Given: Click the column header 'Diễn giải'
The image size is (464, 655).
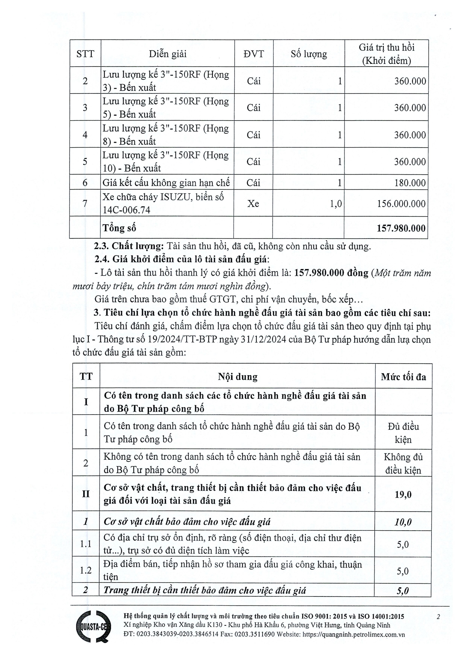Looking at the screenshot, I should pos(168,54).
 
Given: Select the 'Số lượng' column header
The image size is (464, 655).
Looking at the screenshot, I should pos(309,54).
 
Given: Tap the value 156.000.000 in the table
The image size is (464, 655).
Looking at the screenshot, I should pos(401,204).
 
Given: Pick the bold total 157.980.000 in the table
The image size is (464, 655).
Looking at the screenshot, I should pos(401,228).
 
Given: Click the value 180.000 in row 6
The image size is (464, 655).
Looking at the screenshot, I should pos(410,183).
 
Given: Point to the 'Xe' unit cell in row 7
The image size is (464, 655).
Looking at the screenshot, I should pos(253,204).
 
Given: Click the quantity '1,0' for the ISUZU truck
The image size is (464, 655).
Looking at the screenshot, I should pos(335,204).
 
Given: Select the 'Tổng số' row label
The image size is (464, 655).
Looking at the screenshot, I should pos(119,228).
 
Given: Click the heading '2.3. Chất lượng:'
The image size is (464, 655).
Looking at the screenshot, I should pos(129,246).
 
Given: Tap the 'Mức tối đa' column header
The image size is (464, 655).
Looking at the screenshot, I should pos(403,377).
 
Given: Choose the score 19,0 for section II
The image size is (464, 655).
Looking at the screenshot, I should pos(403,494).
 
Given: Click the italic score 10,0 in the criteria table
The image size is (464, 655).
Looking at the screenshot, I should pos(403,522).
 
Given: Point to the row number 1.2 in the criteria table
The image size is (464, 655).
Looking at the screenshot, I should pos(86,570).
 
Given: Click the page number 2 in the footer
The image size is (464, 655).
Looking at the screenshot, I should pos(438,616).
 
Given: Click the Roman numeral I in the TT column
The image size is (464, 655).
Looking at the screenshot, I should pos(86,402).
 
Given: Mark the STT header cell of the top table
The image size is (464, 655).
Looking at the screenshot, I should pos(85,54).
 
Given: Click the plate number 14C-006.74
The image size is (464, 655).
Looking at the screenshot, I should pos(126,210).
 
